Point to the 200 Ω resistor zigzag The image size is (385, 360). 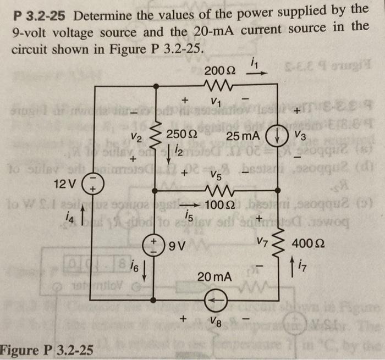click(219, 85)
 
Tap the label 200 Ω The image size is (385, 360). click(219, 70)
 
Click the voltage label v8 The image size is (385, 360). click(219, 321)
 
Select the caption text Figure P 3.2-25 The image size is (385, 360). click(47, 350)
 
